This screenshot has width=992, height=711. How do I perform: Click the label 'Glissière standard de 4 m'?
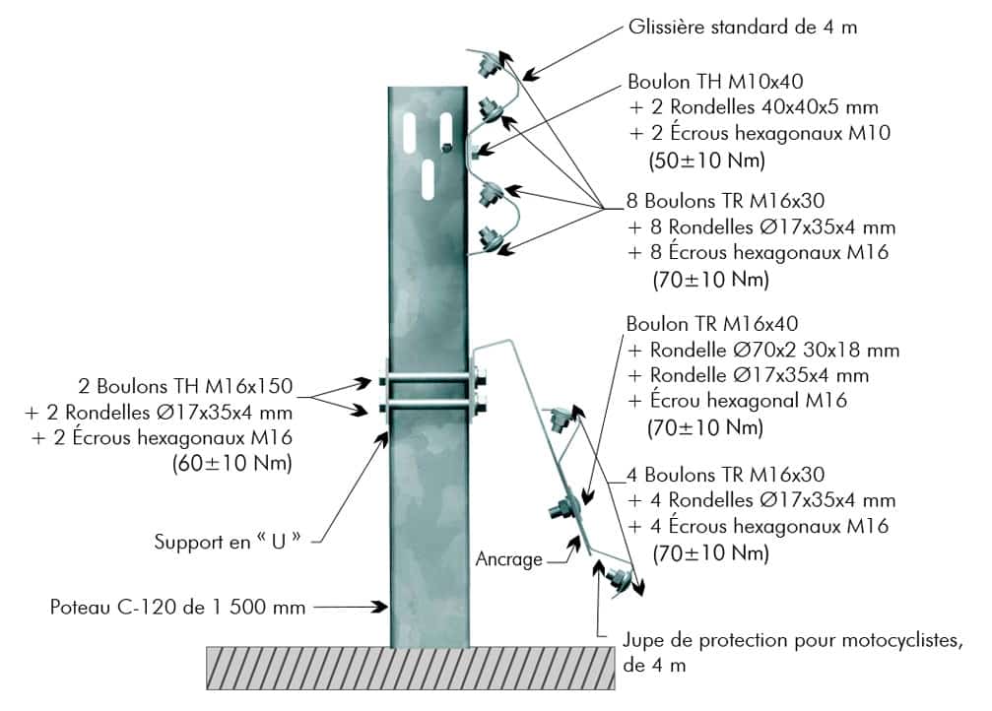click(x=742, y=27)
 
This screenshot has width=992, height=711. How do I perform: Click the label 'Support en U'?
click(x=227, y=541)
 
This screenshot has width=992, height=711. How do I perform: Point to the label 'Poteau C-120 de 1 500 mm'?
click(x=177, y=607)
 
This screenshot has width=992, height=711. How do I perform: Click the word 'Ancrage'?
click(x=508, y=559)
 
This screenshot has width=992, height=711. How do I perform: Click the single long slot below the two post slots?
click(x=429, y=176)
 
